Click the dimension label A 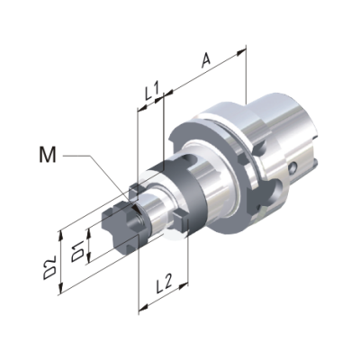tap(206, 60)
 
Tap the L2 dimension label tap(164, 284)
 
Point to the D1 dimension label tap(77, 250)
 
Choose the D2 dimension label tap(49, 267)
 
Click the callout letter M tap(48, 155)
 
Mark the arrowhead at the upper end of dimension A tap(241, 52)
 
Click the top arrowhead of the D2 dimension tap(61, 236)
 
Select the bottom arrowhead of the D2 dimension tap(61, 288)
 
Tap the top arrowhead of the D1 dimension tap(88, 232)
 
